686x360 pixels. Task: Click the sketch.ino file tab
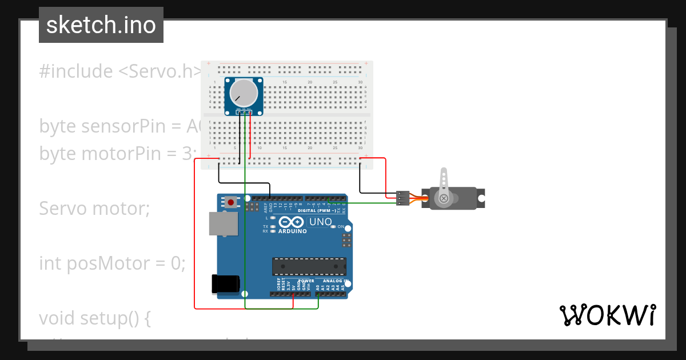[101, 25]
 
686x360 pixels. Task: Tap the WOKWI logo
[607, 315]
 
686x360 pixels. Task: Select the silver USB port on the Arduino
[223, 224]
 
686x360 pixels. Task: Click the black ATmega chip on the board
[309, 266]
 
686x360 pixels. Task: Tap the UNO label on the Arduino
[320, 222]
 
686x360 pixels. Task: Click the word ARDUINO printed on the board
[292, 231]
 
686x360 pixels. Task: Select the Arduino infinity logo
[292, 222]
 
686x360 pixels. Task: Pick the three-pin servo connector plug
[403, 198]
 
